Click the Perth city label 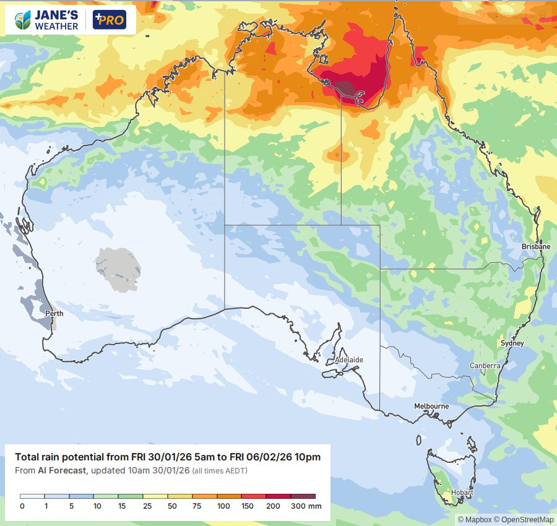[x=54, y=313]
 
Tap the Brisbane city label [x=535, y=246]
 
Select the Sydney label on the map [x=512, y=343]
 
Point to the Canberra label [x=485, y=366]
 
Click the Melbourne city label [x=431, y=406]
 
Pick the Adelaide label [x=348, y=360]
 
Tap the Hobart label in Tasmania [x=462, y=493]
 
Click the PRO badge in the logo [x=109, y=20]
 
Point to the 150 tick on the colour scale [x=248, y=506]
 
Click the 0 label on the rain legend [x=22, y=506]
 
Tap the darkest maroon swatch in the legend [x=303, y=496]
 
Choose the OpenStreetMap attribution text [x=528, y=520]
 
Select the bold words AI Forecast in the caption [x=62, y=471]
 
